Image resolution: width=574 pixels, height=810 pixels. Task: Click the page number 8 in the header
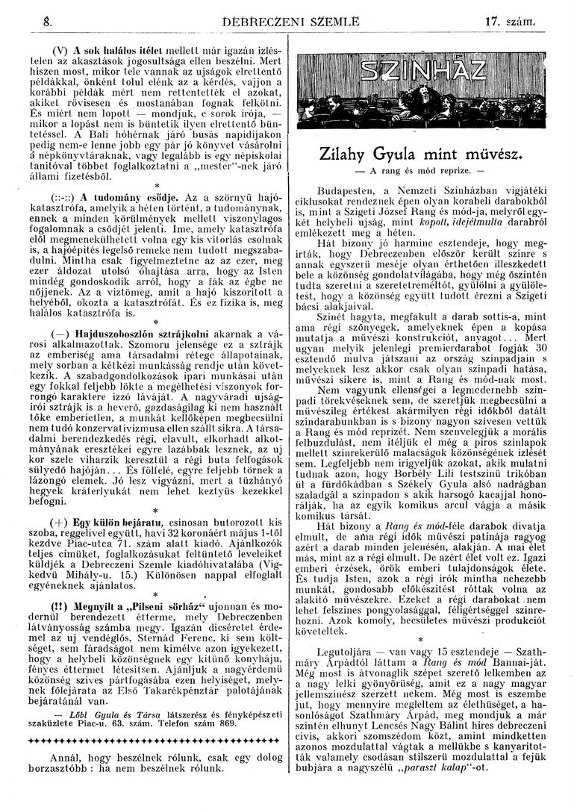coord(27,14)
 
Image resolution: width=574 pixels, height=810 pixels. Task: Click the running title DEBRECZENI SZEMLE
coord(285,14)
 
